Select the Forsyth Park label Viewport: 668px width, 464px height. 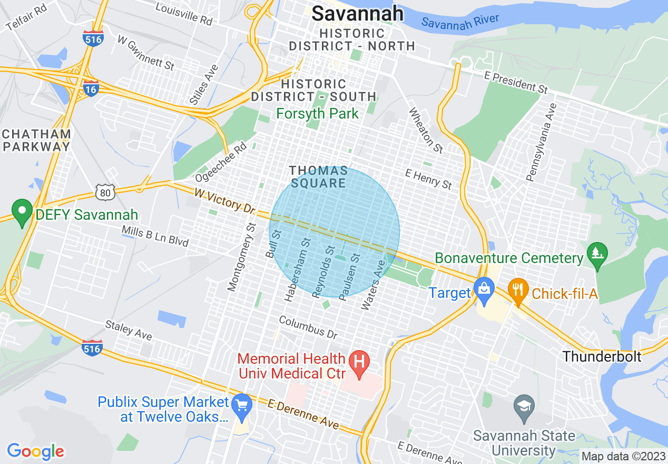pos(318,113)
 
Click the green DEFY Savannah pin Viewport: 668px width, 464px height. pos(22,212)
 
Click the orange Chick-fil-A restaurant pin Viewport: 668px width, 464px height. pos(518,289)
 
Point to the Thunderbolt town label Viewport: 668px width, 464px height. pos(602,356)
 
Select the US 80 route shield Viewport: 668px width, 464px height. pos(105,193)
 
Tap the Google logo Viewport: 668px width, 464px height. pos(35,451)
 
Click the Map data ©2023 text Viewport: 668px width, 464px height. pos(622,456)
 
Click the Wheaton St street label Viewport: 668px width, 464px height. pos(426,130)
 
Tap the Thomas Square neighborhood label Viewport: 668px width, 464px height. pos(318,177)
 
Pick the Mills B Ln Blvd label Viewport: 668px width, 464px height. pos(155,236)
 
